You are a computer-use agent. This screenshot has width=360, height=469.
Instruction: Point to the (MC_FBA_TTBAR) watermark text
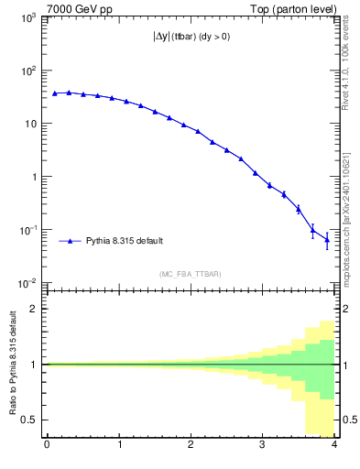tap(191, 274)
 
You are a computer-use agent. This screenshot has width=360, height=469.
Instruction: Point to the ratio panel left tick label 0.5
tap(30, 420)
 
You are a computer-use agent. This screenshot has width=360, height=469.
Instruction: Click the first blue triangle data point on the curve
tap(55, 93)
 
